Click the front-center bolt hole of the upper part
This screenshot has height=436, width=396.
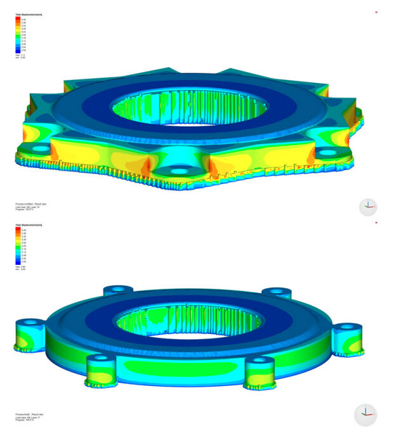pyautogui.click(x=180, y=171)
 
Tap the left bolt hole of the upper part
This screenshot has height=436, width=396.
pyautogui.click(x=41, y=148)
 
